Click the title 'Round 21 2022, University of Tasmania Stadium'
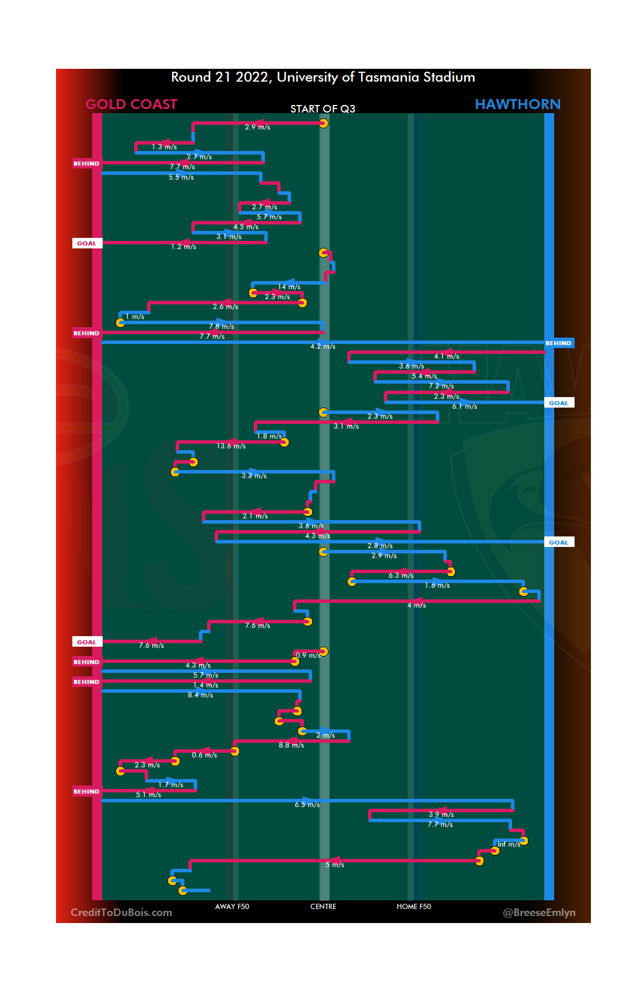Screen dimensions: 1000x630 [323, 78]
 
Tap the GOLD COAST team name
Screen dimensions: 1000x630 [131, 104]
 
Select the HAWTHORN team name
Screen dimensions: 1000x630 [517, 104]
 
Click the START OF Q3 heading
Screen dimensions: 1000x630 [323, 109]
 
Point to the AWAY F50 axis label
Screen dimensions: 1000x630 [232, 907]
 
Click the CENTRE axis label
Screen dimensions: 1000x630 [323, 907]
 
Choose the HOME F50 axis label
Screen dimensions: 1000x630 [414, 907]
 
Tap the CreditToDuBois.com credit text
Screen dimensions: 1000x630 [121, 913]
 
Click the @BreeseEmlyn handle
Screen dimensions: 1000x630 [539, 913]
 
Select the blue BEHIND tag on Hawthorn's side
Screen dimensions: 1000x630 [559, 343]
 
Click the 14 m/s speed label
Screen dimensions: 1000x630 [289, 287]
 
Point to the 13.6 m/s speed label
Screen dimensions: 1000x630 [231, 446]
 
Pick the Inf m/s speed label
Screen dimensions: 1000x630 [509, 844]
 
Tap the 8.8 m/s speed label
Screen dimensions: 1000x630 [291, 745]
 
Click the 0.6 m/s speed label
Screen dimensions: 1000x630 [204, 755]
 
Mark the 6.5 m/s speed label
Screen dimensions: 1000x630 [307, 805]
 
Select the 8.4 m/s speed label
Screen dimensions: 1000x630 [200, 695]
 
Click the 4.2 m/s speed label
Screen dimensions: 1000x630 [323, 346]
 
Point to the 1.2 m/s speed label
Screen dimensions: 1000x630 [183, 247]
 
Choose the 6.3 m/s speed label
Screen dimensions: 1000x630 [401, 576]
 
